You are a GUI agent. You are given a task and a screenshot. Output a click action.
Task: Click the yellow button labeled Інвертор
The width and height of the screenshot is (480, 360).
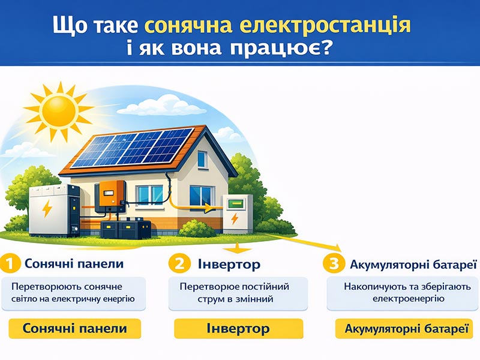point(238,329)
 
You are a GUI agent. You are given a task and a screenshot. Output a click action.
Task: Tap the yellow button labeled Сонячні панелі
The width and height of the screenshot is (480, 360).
point(75,329)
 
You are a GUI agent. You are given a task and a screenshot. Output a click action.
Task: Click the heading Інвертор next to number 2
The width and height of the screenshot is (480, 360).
point(229,263)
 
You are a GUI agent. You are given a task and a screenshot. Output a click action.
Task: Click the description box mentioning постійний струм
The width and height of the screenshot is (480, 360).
point(238,293)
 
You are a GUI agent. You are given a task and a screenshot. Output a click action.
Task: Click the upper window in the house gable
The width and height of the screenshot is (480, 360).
point(202,159)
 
